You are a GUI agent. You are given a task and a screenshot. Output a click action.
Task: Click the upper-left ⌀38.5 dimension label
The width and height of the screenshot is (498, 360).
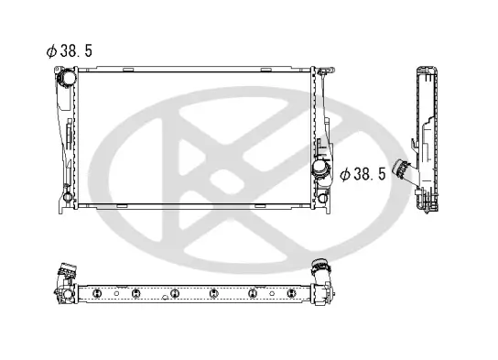[70, 51]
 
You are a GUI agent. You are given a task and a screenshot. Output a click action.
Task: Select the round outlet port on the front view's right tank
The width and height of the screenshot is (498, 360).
[321, 171]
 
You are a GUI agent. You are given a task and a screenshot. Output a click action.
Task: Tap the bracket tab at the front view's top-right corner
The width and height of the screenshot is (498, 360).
[322, 70]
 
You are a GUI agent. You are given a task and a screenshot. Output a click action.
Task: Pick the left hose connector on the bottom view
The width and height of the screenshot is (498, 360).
[65, 273]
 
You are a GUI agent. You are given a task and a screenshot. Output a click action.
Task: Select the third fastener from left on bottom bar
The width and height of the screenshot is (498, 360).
[174, 293]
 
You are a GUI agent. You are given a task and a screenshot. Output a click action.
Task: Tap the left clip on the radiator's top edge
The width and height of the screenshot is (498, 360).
[130, 68]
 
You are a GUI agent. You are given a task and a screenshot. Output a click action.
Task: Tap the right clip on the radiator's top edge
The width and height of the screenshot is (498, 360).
[265, 68]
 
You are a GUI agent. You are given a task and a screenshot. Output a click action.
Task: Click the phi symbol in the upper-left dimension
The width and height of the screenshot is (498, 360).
[53, 51]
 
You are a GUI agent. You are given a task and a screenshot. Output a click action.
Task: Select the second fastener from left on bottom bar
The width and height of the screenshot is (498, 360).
[135, 293]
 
